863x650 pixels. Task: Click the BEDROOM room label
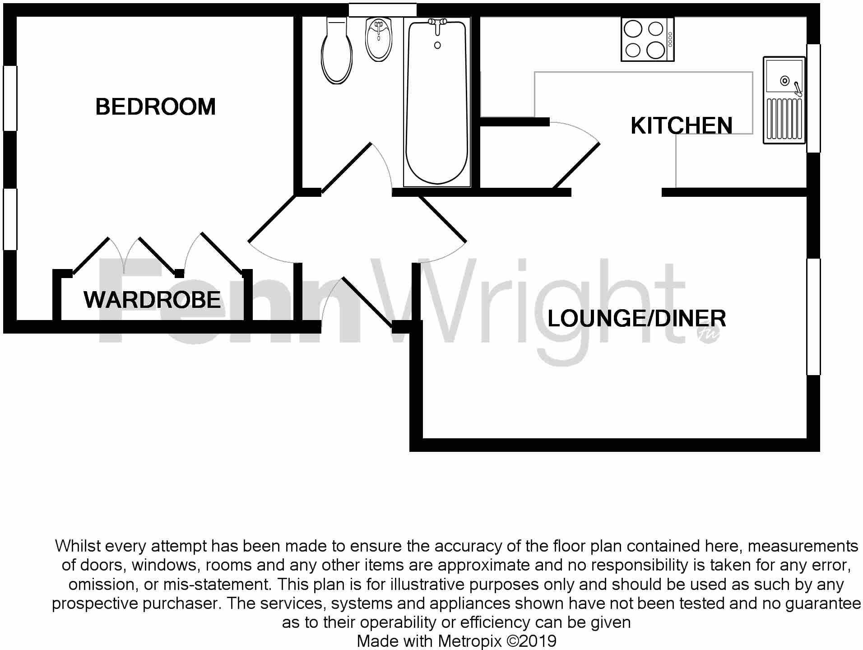156,107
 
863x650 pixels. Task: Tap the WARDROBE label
152,300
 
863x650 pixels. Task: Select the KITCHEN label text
681,125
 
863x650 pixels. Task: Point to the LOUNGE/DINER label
636,319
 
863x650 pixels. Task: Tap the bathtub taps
437,25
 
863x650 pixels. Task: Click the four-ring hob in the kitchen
647,39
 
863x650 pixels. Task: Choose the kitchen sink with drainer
784,100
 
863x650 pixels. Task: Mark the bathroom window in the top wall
382,10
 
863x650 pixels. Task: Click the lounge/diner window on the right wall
813,316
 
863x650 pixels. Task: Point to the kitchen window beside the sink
813,98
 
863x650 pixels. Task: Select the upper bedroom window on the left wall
10,98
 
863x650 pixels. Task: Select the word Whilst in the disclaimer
78,546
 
